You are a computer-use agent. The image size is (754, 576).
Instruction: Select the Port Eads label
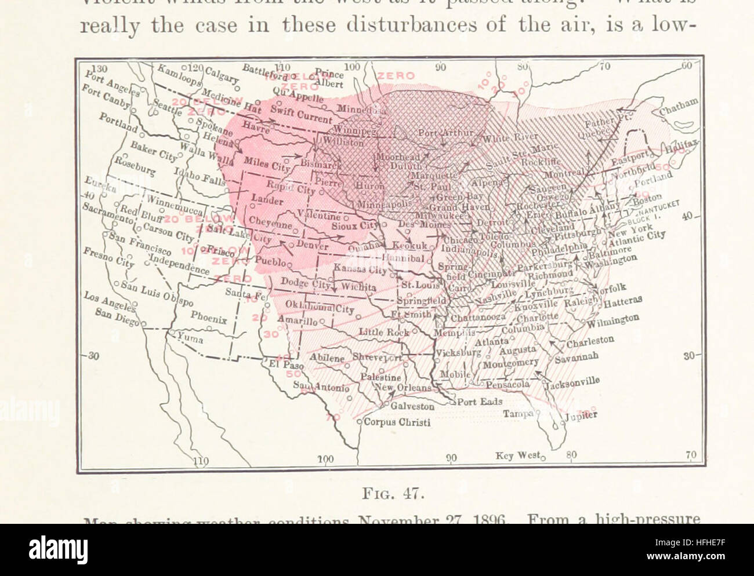(479, 401)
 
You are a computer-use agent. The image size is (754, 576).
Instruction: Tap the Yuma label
(190, 337)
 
